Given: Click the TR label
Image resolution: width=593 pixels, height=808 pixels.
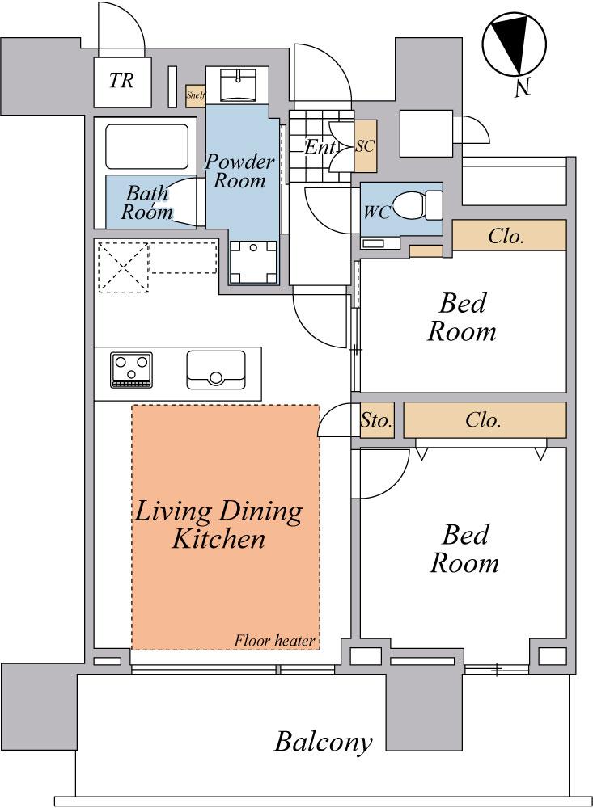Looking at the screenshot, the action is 122,80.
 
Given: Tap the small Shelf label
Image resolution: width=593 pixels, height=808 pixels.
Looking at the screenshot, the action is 196,95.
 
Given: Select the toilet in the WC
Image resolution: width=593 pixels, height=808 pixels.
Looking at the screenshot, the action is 417,206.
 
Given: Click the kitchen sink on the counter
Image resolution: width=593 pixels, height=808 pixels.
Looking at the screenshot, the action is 216,370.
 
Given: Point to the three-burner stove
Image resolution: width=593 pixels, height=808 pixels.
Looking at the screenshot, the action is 132,370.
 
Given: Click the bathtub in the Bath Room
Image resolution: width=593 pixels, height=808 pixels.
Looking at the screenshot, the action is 146,146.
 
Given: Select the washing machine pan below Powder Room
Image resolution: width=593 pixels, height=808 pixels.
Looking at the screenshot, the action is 253,263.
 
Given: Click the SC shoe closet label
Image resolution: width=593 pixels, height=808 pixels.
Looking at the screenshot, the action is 365,146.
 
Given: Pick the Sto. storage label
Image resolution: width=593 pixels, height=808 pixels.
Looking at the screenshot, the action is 376,420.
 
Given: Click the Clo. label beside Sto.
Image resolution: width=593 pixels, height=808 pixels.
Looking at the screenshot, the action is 483,420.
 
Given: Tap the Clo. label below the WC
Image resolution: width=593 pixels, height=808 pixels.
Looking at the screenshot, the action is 506,237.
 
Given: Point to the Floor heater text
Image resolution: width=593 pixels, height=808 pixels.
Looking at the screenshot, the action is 274,641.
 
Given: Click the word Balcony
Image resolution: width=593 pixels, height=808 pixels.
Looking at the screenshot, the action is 323,742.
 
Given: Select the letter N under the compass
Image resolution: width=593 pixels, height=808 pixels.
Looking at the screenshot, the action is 523,89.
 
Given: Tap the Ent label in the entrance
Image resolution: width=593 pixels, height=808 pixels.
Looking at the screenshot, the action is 320,148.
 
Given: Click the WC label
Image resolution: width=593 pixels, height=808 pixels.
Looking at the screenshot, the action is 376,213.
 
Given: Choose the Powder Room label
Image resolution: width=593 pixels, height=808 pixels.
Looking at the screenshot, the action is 239,171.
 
